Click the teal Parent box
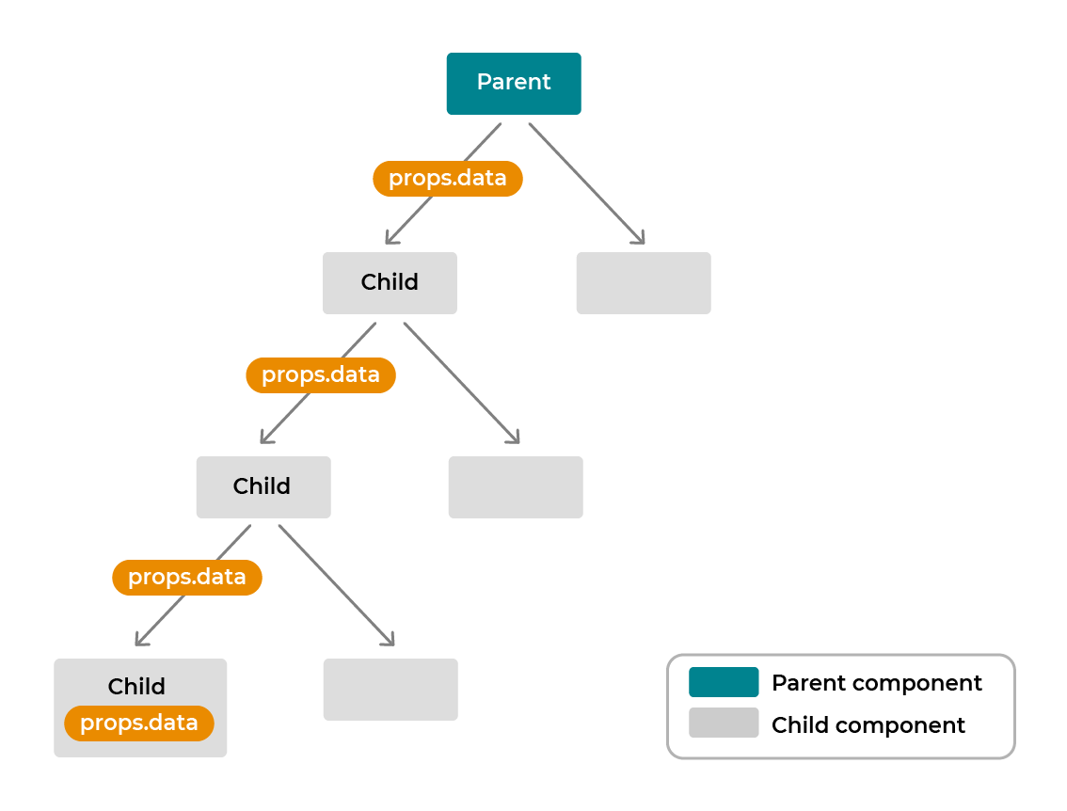514,84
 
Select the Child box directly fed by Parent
390,282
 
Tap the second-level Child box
263,486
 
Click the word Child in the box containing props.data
136,687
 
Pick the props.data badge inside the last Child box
139,724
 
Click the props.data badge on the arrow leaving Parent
447,179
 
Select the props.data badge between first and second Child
321,375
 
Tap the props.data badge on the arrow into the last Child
187,578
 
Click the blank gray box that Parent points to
644,282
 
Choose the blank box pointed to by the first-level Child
516,486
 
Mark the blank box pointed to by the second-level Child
390,689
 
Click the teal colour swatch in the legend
724,682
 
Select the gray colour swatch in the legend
724,723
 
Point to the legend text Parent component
876,683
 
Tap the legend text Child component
868,725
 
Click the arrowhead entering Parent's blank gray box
640,239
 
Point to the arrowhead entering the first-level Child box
390,240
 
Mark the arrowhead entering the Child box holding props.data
140,642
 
